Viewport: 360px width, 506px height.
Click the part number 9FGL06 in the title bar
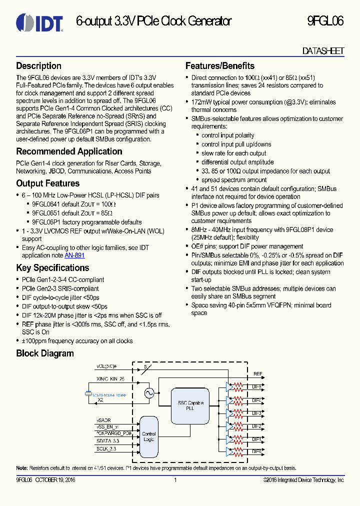[x=325, y=21]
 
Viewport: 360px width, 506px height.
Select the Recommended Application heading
[x=69, y=151]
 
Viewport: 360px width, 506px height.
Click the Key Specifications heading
[x=52, y=267]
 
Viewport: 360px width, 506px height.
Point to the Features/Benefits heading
[x=219, y=66]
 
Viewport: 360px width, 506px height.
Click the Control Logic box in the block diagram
[x=148, y=436]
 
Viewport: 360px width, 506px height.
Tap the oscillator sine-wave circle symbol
[x=148, y=393]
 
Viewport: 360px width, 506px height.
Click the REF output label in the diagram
[x=257, y=373]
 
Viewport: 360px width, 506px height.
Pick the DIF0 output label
[x=256, y=451]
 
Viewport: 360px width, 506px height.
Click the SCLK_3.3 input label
[x=105, y=449]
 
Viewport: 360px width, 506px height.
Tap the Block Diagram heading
[x=45, y=353]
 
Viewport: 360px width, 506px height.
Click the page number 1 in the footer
[x=175, y=480]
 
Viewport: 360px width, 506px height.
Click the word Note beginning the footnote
[x=21, y=468]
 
